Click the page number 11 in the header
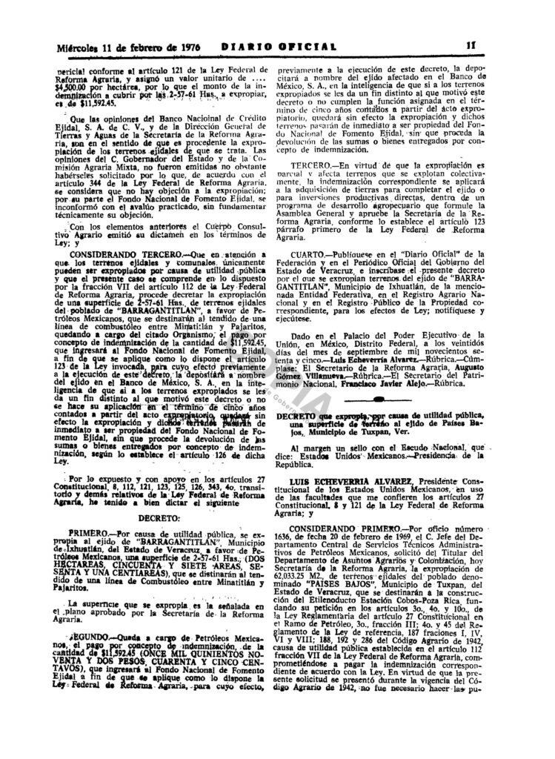[491, 46]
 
